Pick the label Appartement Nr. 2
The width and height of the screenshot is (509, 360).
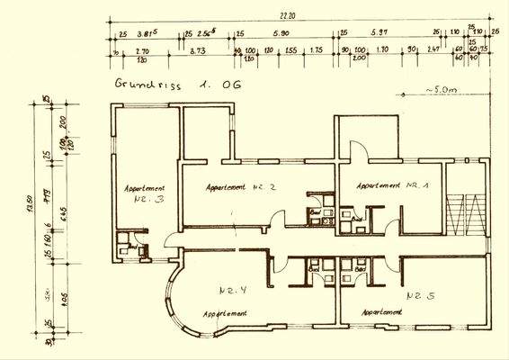click(239, 187)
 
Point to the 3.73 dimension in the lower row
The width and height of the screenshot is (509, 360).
click(198, 52)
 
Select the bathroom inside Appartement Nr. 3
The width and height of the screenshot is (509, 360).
click(129, 248)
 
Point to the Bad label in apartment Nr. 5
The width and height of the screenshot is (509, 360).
click(361, 268)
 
